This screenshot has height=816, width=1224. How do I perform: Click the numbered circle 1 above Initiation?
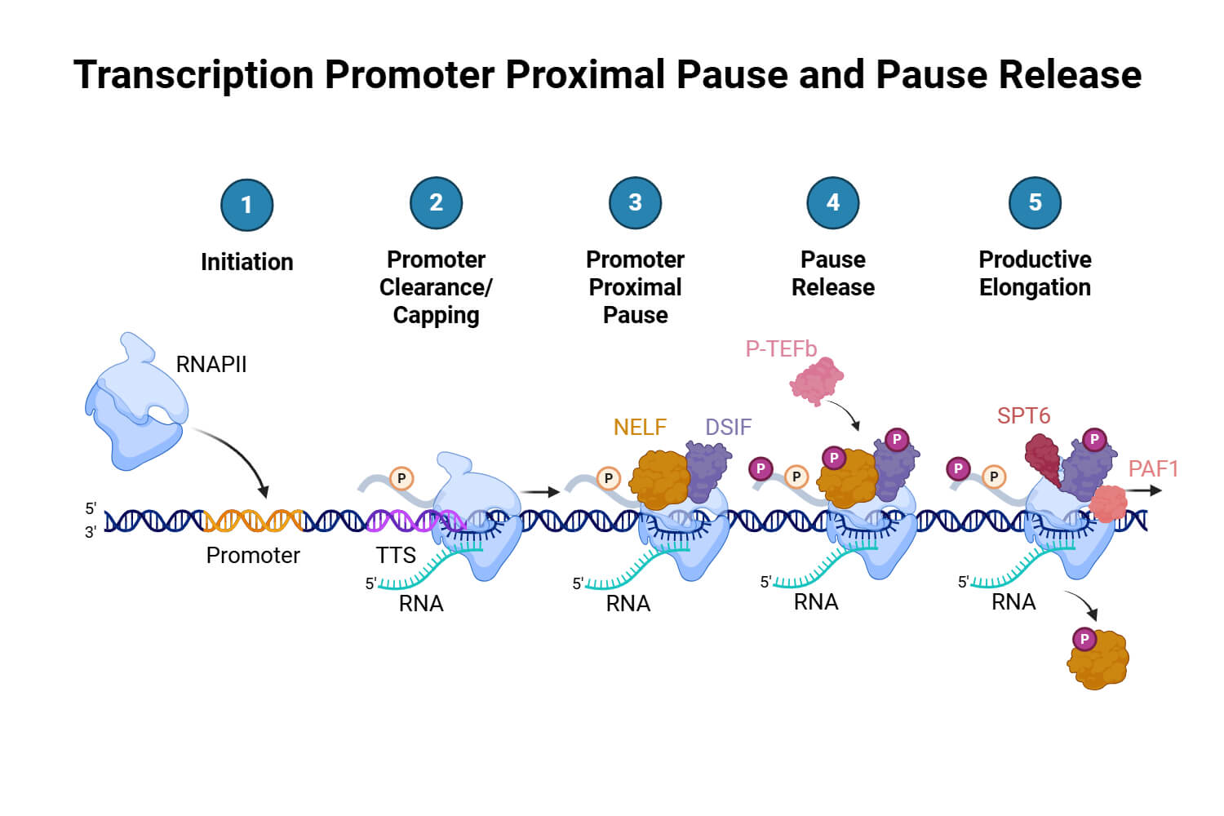coord(246,205)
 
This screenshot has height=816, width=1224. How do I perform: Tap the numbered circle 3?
coord(635,203)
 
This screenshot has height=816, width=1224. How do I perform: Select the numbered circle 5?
coord(1035,203)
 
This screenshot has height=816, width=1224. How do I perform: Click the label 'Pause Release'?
coord(832,273)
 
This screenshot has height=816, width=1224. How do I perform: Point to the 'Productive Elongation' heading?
coord(1035,273)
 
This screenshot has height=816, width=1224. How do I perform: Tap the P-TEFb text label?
coord(781,349)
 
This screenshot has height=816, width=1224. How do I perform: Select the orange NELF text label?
coord(640,427)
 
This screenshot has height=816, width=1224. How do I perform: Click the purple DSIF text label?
coord(728,427)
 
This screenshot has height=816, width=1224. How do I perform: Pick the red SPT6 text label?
coord(1023,416)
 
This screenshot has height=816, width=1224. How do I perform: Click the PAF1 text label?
coord(1153,469)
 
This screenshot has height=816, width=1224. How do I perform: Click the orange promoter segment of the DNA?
coord(253,520)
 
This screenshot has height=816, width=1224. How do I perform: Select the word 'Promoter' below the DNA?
coord(253,556)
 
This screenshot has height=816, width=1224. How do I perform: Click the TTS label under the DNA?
coord(396,556)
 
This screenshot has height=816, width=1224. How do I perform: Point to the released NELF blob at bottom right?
coord(1098,659)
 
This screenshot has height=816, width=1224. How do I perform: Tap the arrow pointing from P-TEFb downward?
coord(845,414)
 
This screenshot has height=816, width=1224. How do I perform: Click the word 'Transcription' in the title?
coord(193,75)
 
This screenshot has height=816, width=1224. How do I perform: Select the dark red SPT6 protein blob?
coord(1042,459)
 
